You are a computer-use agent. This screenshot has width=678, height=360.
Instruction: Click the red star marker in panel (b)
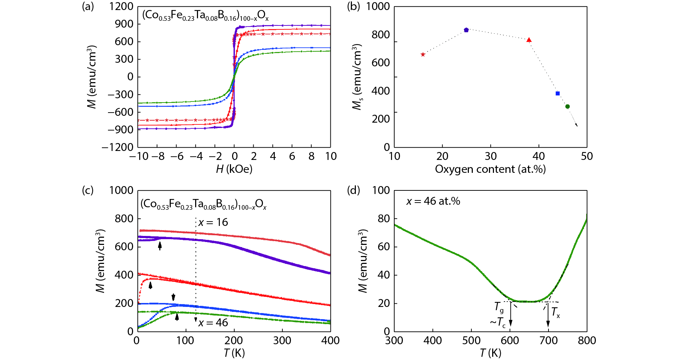click(x=423, y=55)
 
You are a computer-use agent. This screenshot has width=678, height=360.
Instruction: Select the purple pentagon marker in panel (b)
click(x=466, y=30)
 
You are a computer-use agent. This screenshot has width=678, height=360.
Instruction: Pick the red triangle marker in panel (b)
click(x=529, y=40)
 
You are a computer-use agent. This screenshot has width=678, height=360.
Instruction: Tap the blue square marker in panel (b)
click(x=557, y=94)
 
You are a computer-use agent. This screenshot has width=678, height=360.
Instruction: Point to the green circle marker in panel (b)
click(x=568, y=106)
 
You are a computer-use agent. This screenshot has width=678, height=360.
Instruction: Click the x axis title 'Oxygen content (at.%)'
click(x=490, y=169)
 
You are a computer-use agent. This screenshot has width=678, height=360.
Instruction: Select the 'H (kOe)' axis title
click(x=234, y=169)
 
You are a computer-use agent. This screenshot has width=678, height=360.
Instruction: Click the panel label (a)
click(x=88, y=6)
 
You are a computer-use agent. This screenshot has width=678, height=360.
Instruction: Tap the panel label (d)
click(x=353, y=190)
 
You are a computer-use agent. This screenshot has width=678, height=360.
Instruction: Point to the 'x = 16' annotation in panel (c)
click(x=213, y=222)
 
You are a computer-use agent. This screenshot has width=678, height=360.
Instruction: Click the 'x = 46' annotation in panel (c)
click(x=213, y=323)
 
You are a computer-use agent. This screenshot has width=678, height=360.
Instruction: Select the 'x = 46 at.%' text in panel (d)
click(x=433, y=201)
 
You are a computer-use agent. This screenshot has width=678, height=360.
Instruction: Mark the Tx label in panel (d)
click(x=555, y=313)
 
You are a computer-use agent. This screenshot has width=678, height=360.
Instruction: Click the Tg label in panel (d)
click(x=499, y=307)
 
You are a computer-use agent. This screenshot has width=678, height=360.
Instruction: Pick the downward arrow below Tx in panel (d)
click(x=548, y=316)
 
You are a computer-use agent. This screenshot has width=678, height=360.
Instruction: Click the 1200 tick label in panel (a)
click(x=121, y=6)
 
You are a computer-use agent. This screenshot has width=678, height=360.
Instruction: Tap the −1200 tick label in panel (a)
click(x=118, y=147)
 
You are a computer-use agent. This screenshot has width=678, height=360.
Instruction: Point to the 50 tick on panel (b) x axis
click(x=587, y=156)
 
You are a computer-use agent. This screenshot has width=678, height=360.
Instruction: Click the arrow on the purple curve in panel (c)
click(x=160, y=246)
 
